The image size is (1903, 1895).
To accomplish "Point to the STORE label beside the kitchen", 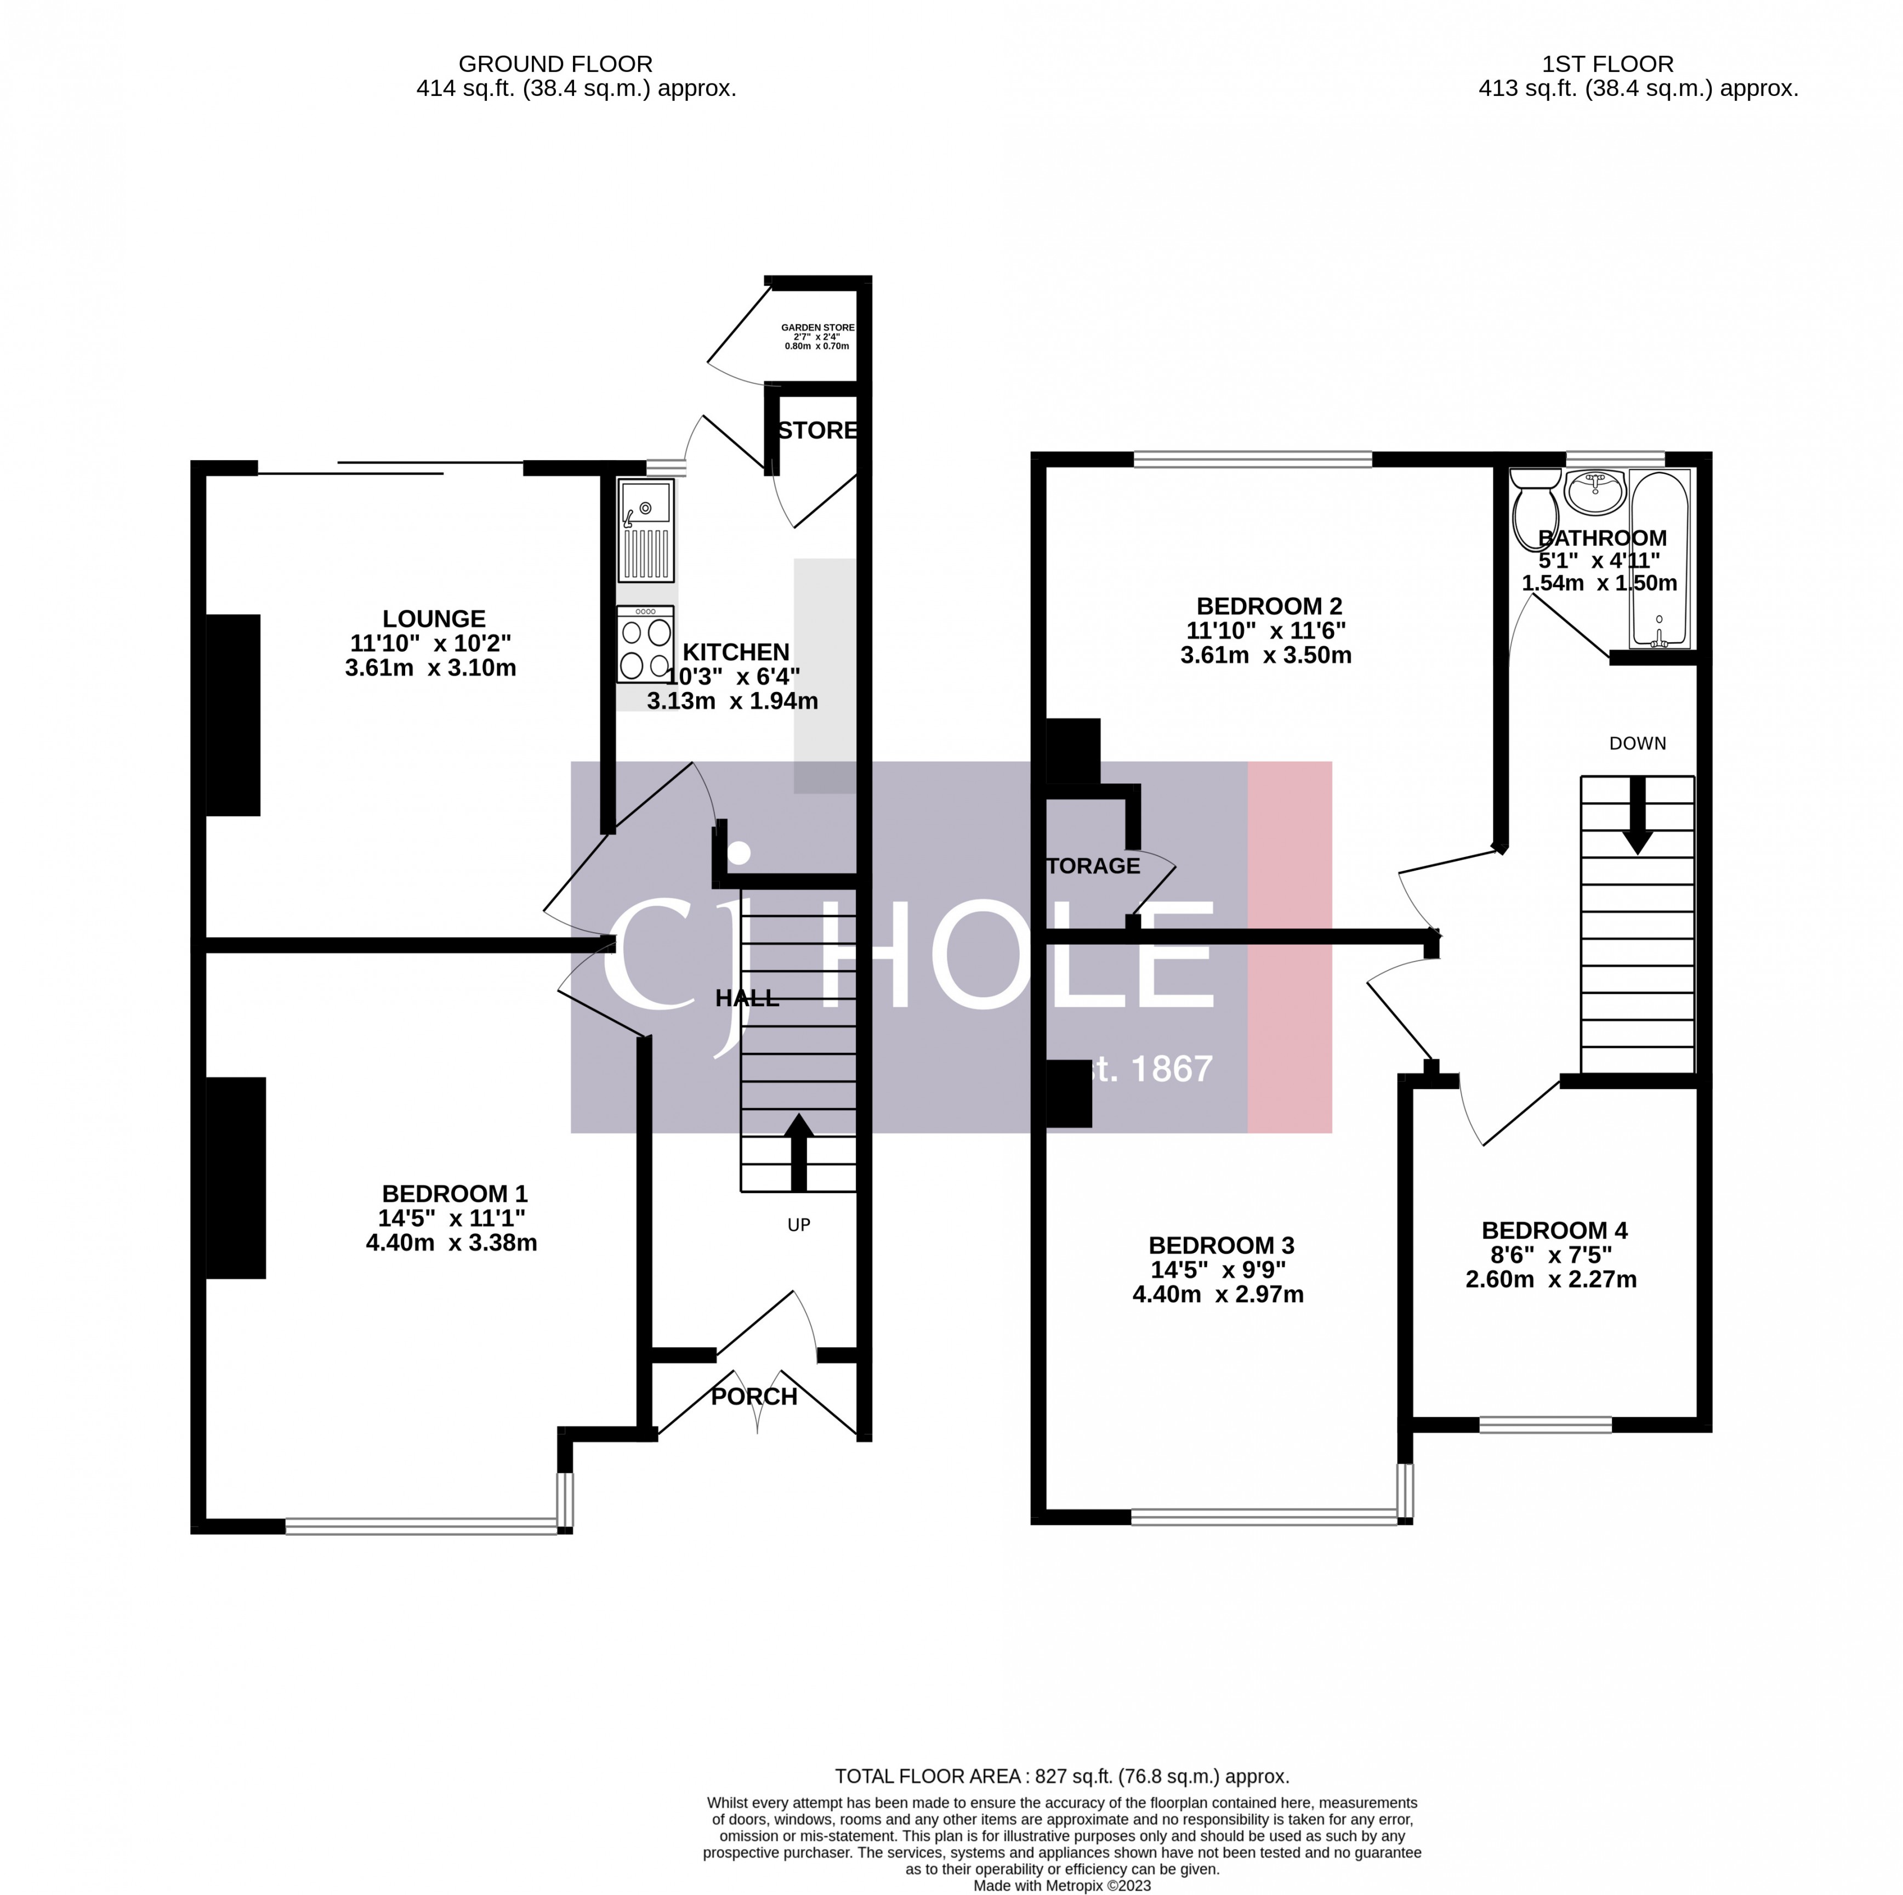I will coord(816,430).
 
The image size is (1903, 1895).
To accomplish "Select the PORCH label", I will coord(753,1397).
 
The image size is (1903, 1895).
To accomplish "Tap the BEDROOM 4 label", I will coord(1554,1230).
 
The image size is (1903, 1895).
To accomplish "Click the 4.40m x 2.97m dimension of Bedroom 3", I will coord(1218,1294).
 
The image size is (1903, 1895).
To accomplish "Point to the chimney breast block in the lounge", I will coord(234,715).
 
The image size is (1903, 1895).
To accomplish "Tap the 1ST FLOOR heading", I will coord(1607,64).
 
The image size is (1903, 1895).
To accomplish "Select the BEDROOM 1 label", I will coord(454,1194).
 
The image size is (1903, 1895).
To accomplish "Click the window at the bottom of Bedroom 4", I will coord(1544,1424).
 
